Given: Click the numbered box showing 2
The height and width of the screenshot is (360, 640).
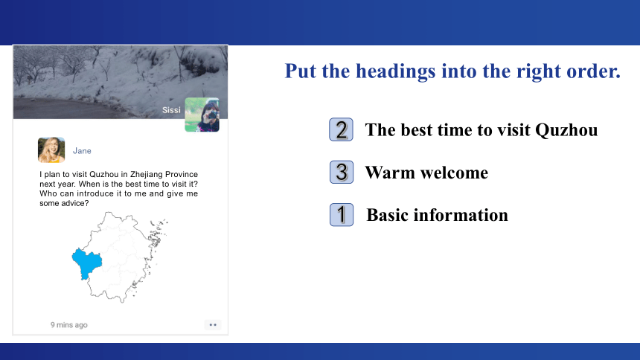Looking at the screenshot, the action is point(342,130).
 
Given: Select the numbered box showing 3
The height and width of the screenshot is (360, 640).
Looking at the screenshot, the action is point(342,173).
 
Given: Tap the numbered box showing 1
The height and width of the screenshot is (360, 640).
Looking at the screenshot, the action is point(342,215).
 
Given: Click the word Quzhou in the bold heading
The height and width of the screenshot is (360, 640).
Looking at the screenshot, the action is point(566,130).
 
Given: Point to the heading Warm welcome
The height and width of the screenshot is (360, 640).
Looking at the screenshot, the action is point(426,173).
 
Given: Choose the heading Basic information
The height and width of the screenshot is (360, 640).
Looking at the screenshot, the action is point(437,215).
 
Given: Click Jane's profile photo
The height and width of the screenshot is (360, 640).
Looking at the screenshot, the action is point(51,150).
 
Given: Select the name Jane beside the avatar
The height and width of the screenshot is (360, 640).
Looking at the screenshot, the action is point(82,151).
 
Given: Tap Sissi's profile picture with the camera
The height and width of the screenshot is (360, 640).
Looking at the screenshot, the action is point(202,115).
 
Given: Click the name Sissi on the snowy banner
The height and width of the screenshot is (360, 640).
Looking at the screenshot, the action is point(171,110).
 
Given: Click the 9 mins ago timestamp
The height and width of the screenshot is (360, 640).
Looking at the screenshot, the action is point(69,325).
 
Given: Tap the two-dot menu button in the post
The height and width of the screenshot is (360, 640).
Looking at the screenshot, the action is point(213,325).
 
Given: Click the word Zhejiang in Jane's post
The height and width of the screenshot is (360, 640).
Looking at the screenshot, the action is point(146,174).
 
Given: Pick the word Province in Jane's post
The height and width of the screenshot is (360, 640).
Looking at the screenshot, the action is point(182,174).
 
